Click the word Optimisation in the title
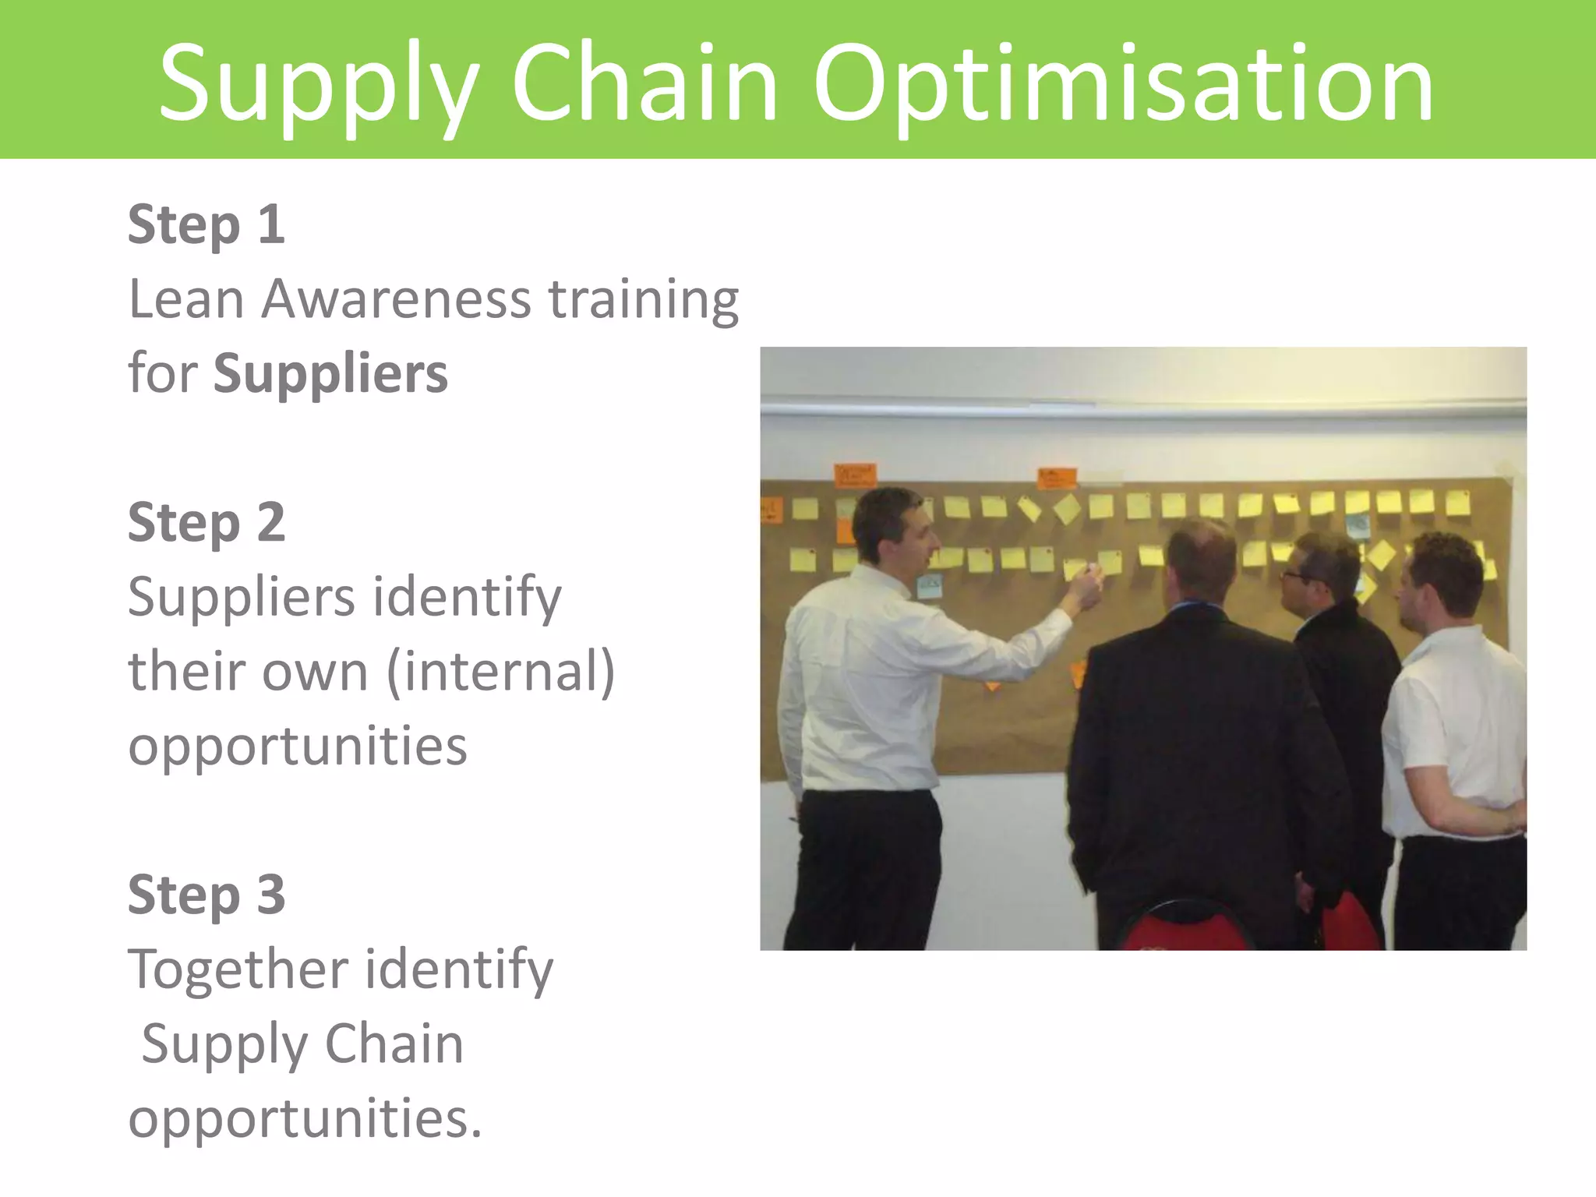1123,84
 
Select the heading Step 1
207,225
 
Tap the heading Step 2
207,523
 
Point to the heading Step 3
207,895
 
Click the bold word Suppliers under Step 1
330,374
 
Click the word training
644,301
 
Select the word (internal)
500,672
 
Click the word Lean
187,299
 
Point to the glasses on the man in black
1295,576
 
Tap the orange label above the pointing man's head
855,475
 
